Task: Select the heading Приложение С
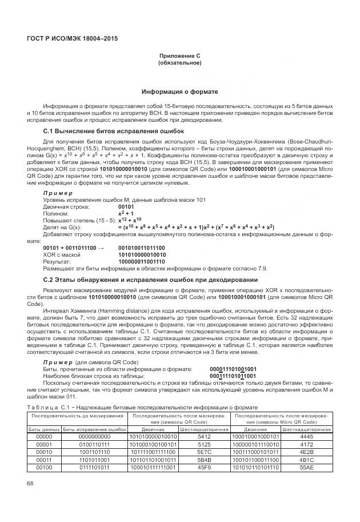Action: [179, 55]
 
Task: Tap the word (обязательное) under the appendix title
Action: [179, 62]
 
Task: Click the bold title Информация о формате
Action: [179, 91]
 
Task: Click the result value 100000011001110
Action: [141, 261]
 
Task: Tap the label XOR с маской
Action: [61, 254]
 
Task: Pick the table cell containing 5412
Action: [205, 436]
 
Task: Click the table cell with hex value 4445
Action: [306, 436]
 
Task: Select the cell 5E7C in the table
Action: [205, 452]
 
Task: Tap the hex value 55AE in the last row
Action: [306, 467]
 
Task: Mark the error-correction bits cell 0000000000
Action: [94, 436]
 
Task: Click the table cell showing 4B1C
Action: [306, 459]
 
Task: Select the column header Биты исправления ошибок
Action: [94, 429]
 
